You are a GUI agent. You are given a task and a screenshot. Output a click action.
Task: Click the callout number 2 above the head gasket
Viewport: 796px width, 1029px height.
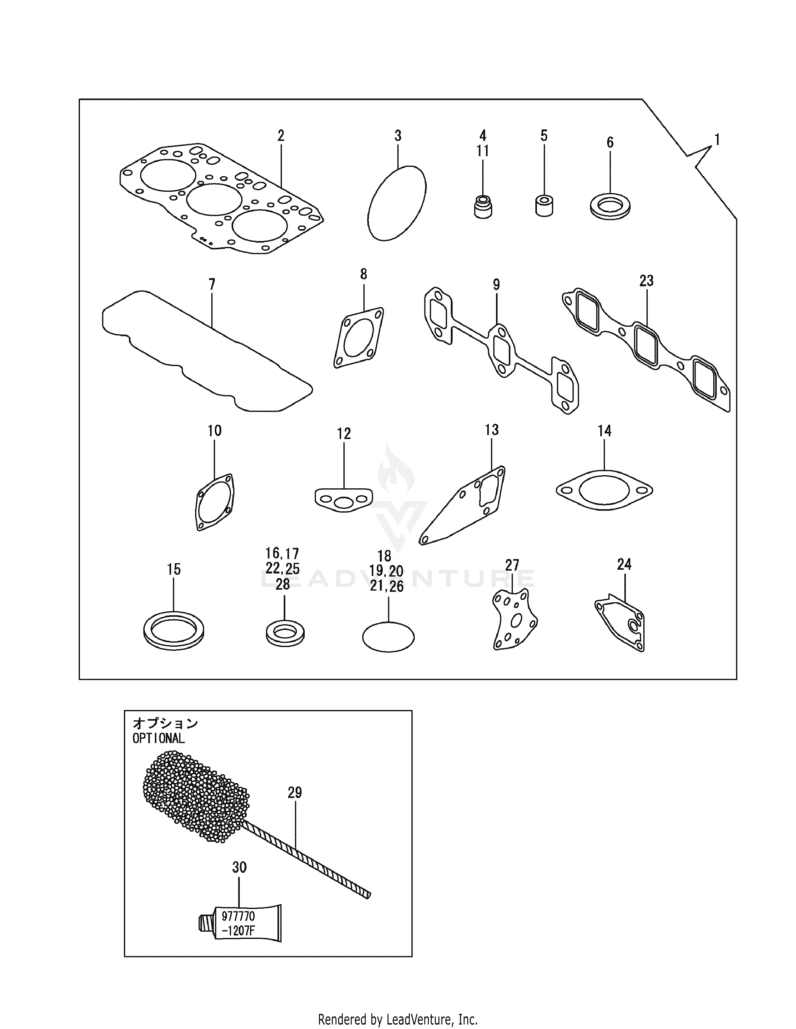pyautogui.click(x=281, y=136)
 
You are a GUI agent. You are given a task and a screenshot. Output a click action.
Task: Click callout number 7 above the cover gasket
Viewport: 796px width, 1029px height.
pyautogui.click(x=212, y=285)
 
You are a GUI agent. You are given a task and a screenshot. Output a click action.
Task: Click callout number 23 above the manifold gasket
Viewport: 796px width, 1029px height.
pyautogui.click(x=646, y=281)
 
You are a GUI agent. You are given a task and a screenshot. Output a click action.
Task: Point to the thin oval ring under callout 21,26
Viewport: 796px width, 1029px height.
pyautogui.click(x=388, y=637)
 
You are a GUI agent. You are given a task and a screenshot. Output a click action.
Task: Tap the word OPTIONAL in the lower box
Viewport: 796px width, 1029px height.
pyautogui.click(x=159, y=738)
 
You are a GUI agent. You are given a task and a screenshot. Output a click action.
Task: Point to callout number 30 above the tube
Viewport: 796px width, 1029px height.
pyautogui.click(x=239, y=867)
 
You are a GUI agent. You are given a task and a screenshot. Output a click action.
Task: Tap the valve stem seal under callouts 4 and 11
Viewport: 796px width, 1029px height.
pyautogui.click(x=482, y=207)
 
